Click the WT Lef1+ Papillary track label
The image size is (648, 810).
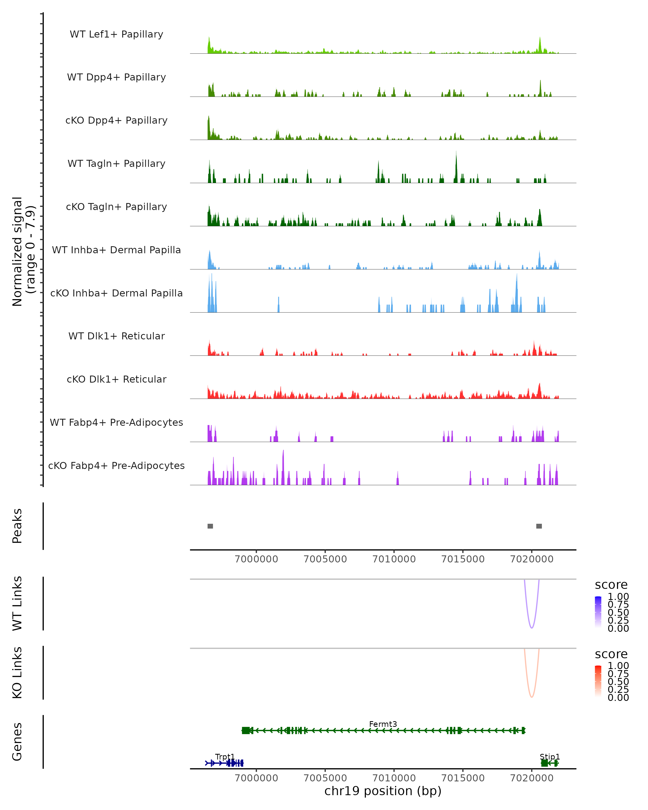(116, 34)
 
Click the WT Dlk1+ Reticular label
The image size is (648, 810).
(116, 336)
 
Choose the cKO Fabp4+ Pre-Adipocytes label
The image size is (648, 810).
(116, 465)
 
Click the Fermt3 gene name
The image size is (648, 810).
(383, 724)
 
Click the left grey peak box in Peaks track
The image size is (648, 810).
(210, 526)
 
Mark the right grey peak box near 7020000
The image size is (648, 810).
(539, 526)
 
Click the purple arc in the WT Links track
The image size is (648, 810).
(532, 628)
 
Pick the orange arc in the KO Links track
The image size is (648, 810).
(532, 697)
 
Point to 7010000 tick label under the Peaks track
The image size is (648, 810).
(394, 559)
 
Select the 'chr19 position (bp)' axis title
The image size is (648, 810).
(383, 791)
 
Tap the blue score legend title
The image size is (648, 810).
(611, 585)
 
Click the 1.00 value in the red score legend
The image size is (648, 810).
(618, 666)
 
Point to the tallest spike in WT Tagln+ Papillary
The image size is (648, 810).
(456, 154)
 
